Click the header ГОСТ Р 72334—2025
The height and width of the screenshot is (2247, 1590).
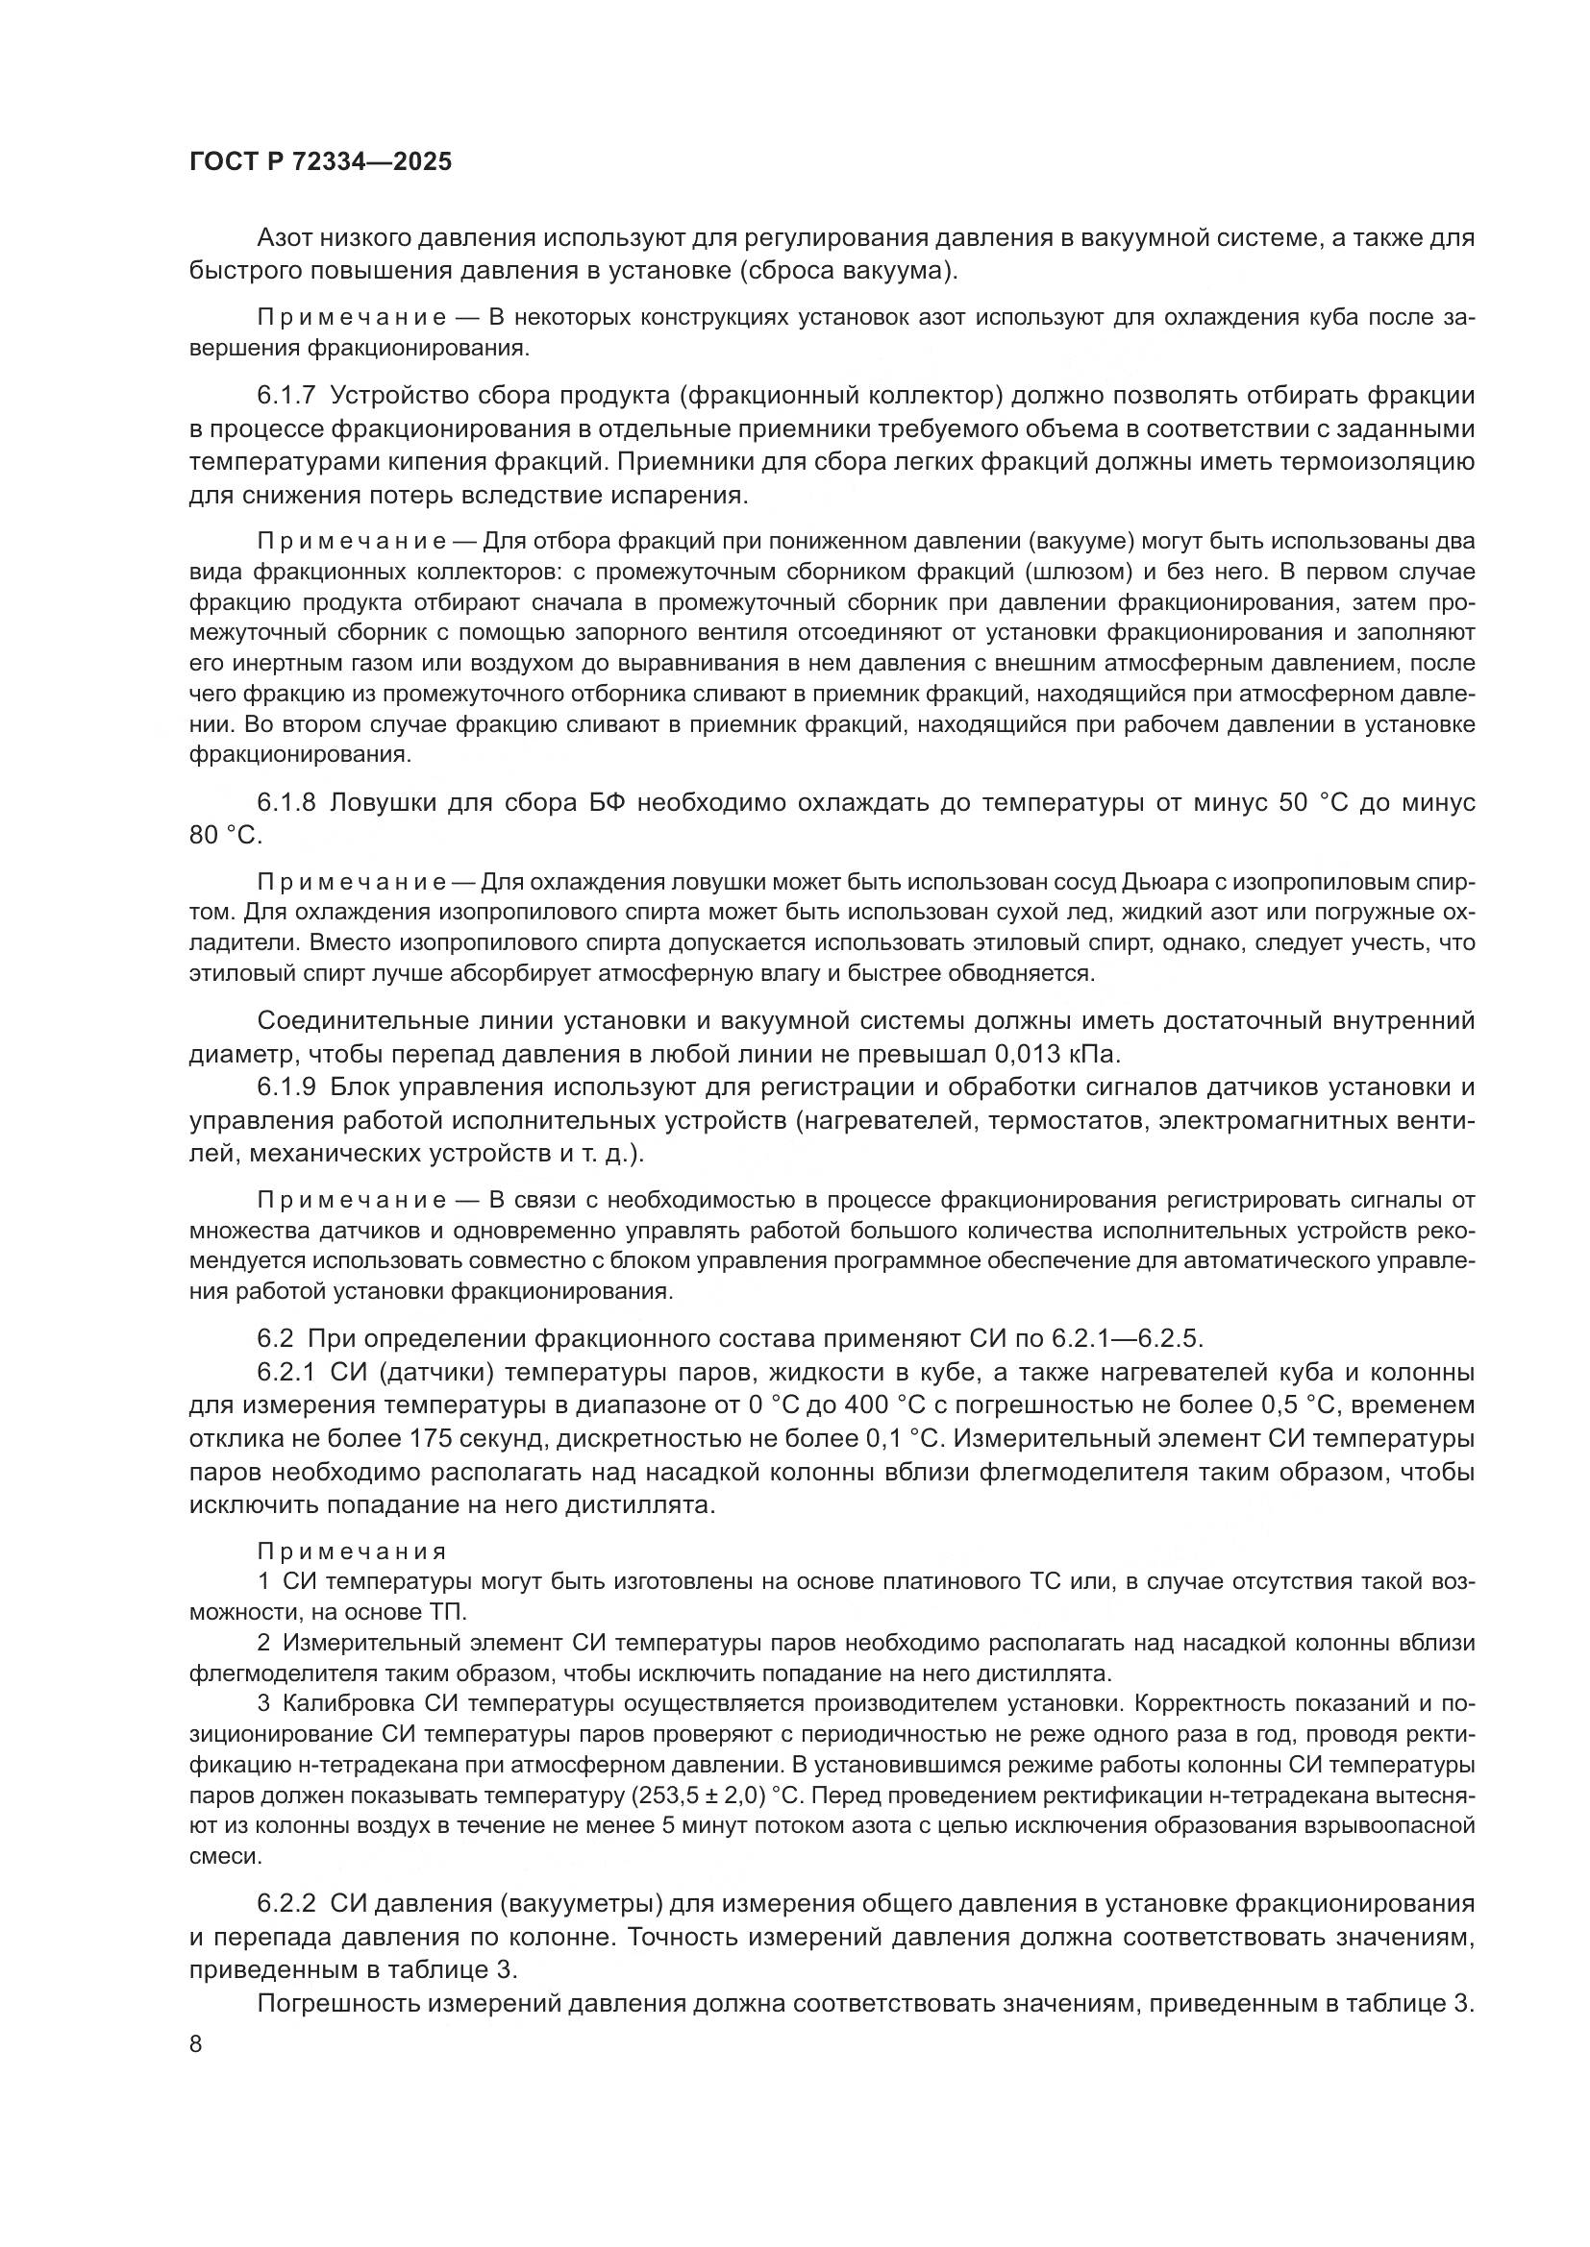point(320,162)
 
